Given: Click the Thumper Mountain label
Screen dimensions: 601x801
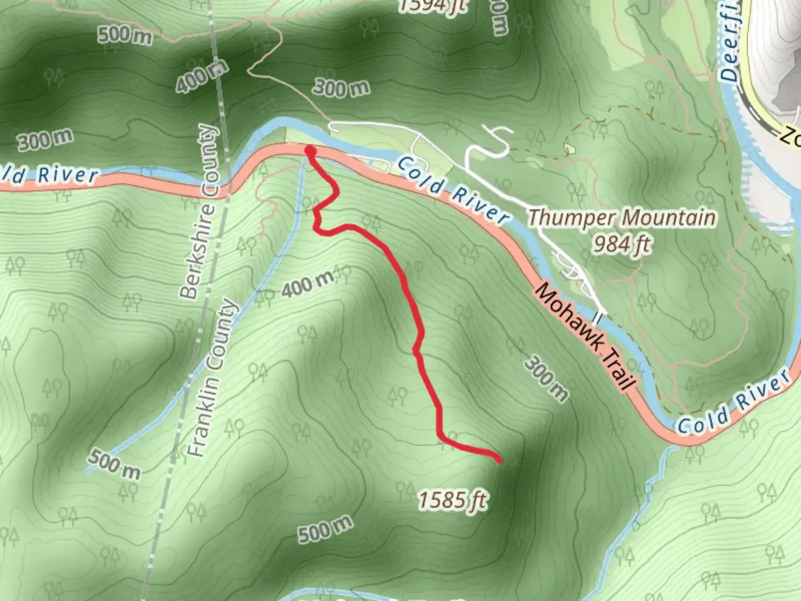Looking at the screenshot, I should pyautogui.click(x=621, y=218).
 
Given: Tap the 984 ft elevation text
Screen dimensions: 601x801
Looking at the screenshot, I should pyautogui.click(x=621, y=244).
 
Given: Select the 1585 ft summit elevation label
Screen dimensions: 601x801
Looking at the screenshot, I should pyautogui.click(x=453, y=501).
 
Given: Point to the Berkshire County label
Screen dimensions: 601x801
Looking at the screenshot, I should pyautogui.click(x=199, y=211).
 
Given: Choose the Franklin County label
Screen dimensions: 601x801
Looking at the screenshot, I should pyautogui.click(x=212, y=378).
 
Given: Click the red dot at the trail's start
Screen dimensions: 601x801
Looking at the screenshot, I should pyautogui.click(x=310, y=151).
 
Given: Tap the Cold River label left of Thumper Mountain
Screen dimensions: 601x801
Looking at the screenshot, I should pyautogui.click(x=453, y=189).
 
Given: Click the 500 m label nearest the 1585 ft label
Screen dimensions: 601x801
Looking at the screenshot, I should pyautogui.click(x=325, y=529).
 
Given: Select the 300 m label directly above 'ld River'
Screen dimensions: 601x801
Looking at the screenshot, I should pyautogui.click(x=45, y=140).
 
